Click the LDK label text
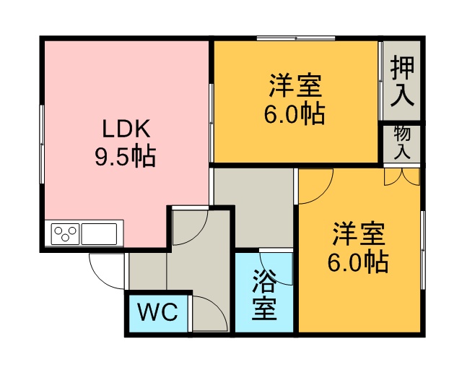(x=126, y=129)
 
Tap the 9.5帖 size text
(x=125, y=156)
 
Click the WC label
(x=158, y=312)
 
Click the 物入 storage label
(x=402, y=142)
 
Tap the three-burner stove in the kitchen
(x=66, y=234)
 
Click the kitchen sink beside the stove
(x=99, y=234)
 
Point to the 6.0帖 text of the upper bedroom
(x=295, y=113)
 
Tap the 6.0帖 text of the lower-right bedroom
(x=358, y=262)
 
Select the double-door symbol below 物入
(x=401, y=177)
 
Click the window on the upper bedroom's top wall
(x=296, y=38)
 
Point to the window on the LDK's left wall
(x=42, y=145)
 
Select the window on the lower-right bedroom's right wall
(x=423, y=250)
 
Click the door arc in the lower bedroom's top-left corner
(x=324, y=194)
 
